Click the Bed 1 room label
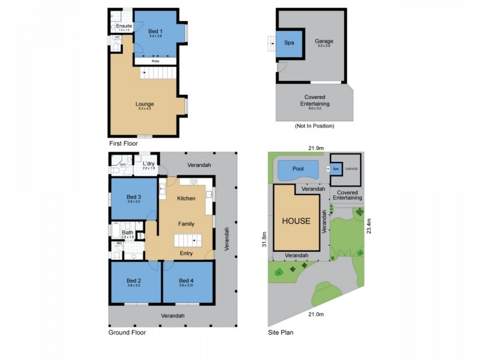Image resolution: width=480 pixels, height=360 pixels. pyautogui.click(x=158, y=31)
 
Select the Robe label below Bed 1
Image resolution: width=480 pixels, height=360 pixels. pyautogui.click(x=155, y=61)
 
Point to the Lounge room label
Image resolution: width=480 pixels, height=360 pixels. pyautogui.click(x=145, y=104)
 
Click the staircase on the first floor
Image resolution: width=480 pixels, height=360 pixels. pyautogui.click(x=158, y=73)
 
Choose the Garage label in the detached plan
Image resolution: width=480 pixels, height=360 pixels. pyautogui.click(x=324, y=41)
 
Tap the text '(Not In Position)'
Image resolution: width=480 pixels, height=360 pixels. pyautogui.click(x=314, y=126)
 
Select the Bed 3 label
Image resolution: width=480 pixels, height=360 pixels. pyautogui.click(x=134, y=197)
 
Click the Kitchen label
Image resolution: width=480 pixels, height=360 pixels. pyautogui.click(x=187, y=198)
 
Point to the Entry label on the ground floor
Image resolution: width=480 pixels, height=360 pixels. pyautogui.click(x=187, y=254)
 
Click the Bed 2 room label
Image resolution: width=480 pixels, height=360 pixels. pyautogui.click(x=134, y=281)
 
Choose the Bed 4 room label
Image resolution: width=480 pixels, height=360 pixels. pyautogui.click(x=187, y=281)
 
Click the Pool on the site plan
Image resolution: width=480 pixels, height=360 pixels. pyautogui.click(x=298, y=170)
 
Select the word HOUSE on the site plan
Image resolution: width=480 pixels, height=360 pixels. pyautogui.click(x=296, y=221)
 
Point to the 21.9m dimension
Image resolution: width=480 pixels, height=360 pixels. pyautogui.click(x=316, y=148)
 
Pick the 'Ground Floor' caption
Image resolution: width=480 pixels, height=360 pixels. pyautogui.click(x=127, y=332)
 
